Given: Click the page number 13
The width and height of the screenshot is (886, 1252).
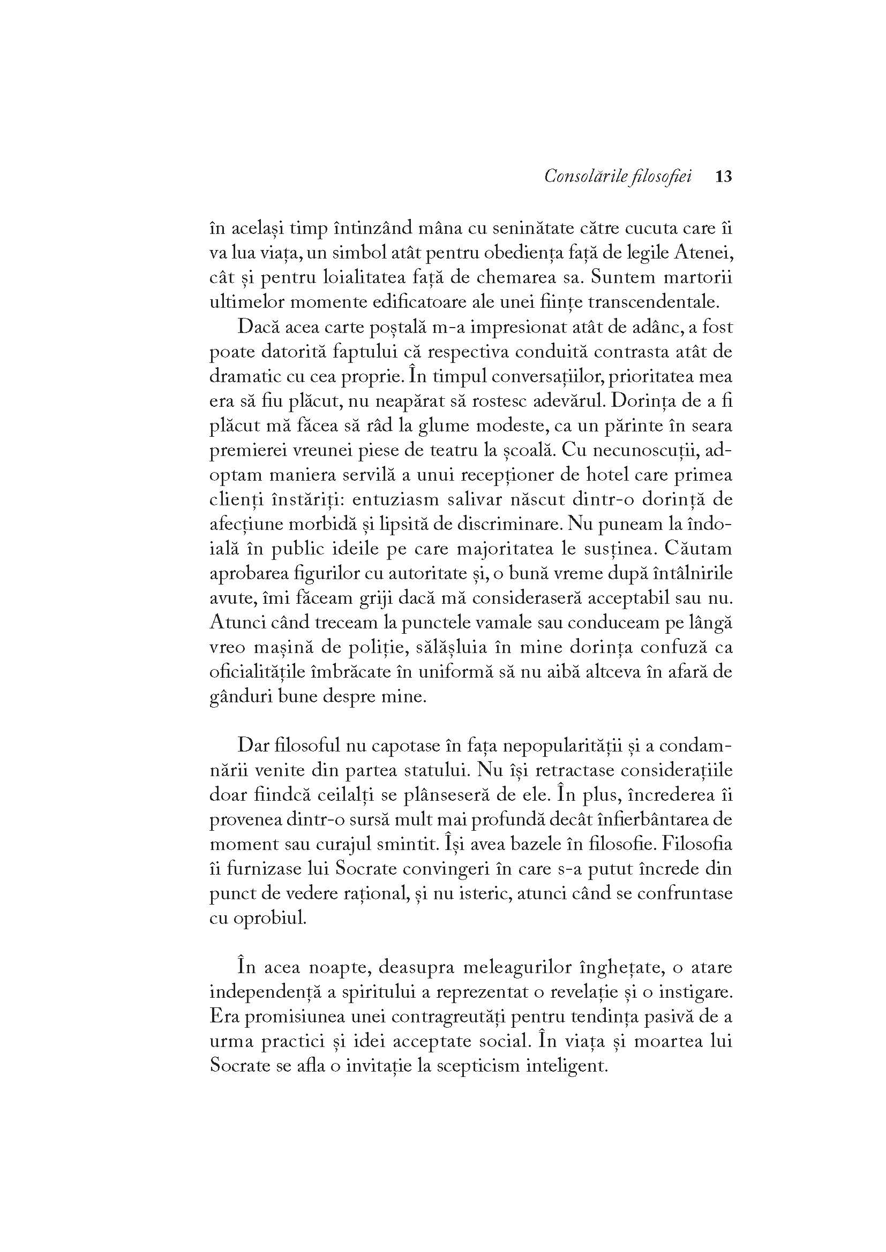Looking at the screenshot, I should click(722, 177).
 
